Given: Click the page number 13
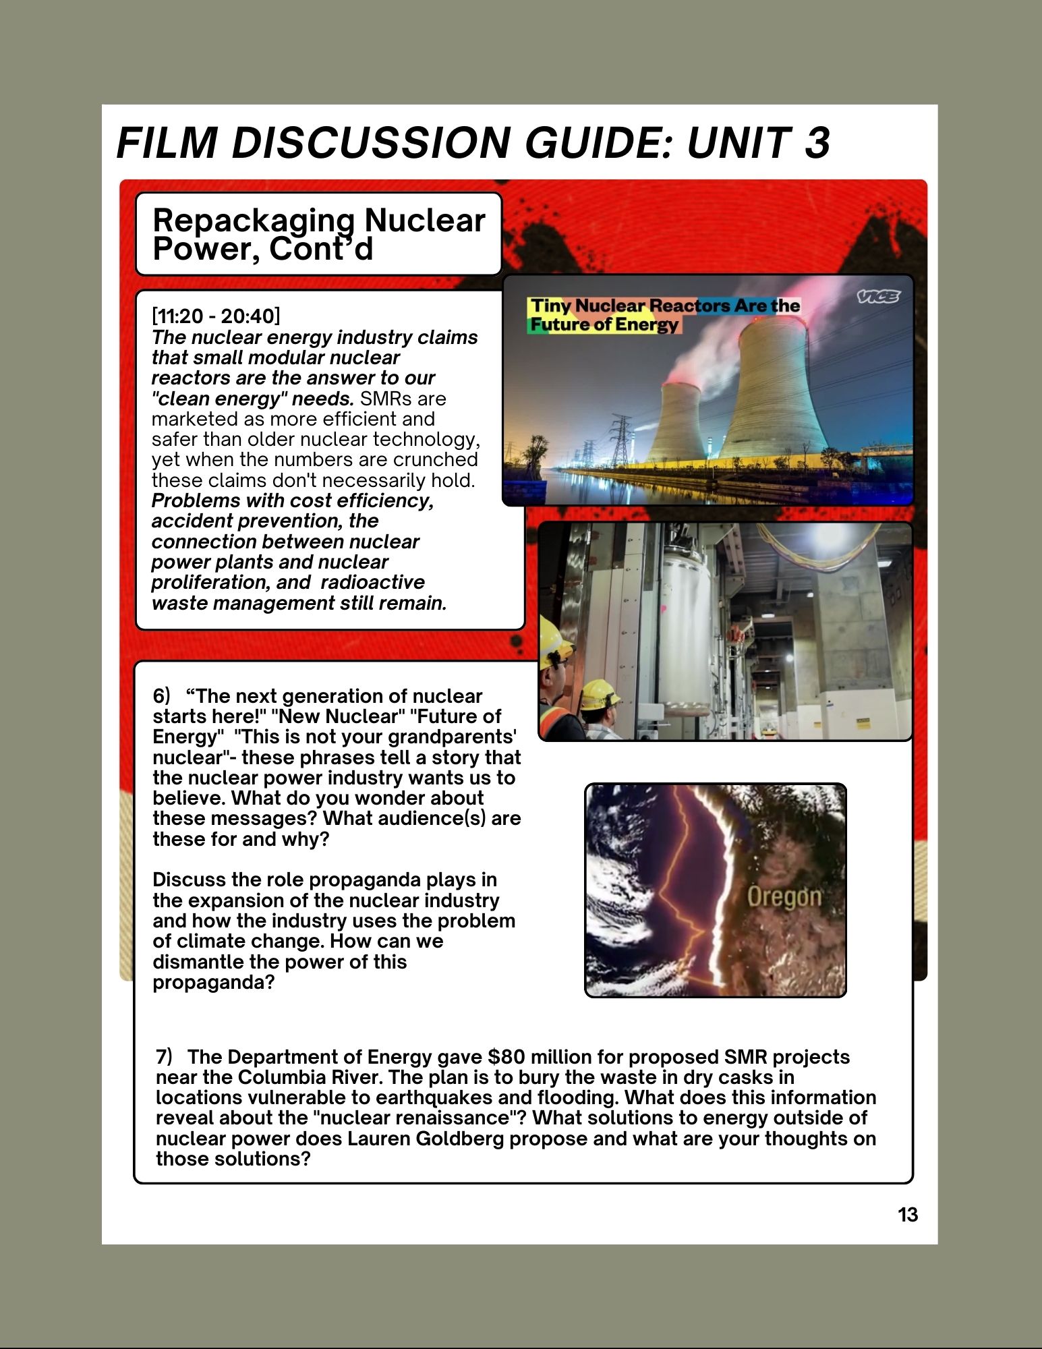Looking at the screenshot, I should pyautogui.click(x=908, y=1215).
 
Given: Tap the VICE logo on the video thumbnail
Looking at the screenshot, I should pyautogui.click(x=878, y=297).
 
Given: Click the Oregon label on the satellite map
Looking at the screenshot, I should pyautogui.click(x=784, y=896).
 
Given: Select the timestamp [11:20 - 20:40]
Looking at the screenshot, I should pyautogui.click(x=216, y=316).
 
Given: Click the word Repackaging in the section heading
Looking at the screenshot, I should pyautogui.click(x=254, y=221).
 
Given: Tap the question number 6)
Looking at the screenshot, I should pyautogui.click(x=162, y=696).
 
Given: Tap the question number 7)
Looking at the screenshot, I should pyautogui.click(x=164, y=1056).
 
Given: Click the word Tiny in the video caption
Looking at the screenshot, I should pyautogui.click(x=550, y=306).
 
